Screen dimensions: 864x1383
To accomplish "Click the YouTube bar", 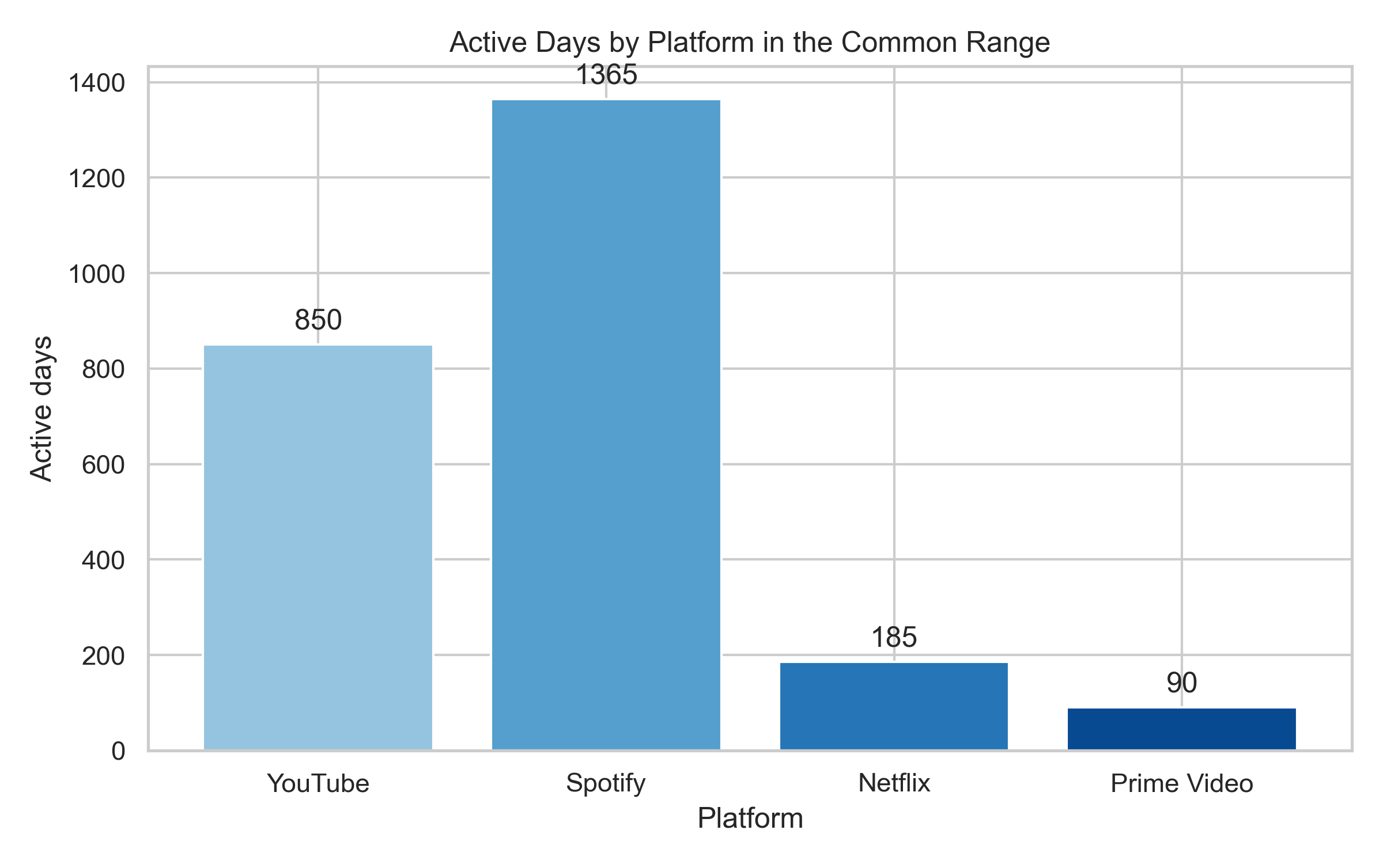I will (318, 547).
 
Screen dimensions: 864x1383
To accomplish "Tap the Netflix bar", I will (894, 706).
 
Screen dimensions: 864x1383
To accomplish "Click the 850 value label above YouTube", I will (318, 320).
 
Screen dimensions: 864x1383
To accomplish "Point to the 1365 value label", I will (606, 75).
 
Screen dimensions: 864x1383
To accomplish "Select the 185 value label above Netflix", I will (894, 638).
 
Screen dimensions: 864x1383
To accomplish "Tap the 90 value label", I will (1181, 683).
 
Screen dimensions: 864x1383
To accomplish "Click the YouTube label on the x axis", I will (318, 783).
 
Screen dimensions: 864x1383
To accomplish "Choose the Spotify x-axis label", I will (606, 783).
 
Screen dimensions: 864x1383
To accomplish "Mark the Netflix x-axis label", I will (894, 783).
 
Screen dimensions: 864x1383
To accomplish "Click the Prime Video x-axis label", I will (1181, 783).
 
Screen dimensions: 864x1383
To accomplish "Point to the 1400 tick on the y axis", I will (96, 84).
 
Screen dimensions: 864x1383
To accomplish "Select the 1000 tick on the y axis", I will (96, 274).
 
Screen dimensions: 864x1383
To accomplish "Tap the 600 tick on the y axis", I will (103, 465).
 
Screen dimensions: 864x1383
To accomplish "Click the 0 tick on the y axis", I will (118, 751).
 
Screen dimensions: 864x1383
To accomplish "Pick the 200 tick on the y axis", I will (103, 656).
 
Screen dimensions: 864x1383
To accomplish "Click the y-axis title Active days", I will (41, 408).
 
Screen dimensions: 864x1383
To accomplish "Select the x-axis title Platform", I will (750, 818).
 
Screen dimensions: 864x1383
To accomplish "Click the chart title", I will (750, 43).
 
